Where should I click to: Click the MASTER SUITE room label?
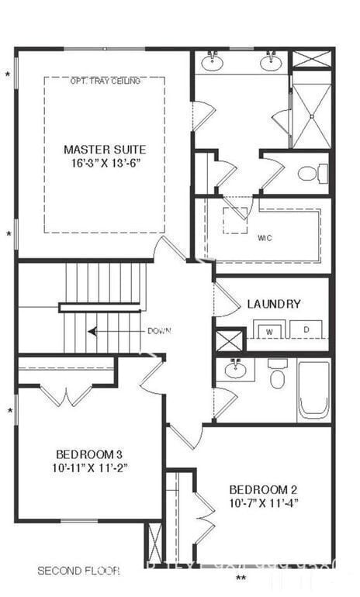tap(104, 150)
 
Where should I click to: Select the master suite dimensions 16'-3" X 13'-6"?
tap(104, 164)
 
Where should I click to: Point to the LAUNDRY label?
tap(274, 304)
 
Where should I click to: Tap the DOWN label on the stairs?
tap(159, 331)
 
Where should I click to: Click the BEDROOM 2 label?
tap(263, 489)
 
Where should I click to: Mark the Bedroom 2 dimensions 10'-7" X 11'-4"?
tap(263, 502)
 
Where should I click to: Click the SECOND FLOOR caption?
tap(78, 571)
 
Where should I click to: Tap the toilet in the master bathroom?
tap(309, 173)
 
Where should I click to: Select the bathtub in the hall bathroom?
tap(313, 388)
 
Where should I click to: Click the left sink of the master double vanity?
tap(211, 62)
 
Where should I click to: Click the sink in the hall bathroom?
tap(235, 369)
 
